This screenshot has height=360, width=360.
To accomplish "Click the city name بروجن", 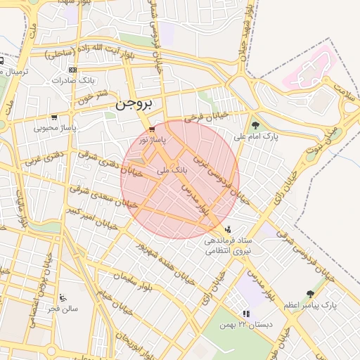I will [133, 104].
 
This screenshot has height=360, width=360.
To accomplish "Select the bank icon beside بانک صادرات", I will [73, 70].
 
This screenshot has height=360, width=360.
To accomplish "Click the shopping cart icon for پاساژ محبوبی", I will [54, 117].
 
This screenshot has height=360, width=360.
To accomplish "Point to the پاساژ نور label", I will [153, 141].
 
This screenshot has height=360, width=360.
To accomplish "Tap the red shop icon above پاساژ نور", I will [153, 130].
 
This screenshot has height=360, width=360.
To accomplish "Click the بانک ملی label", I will [174, 169].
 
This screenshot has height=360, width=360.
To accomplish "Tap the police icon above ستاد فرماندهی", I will [227, 229].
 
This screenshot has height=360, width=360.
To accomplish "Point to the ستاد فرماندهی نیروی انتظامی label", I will [227, 245].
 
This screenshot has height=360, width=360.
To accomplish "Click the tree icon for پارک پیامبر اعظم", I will [310, 294].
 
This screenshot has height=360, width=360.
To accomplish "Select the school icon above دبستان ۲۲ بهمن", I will [245, 314].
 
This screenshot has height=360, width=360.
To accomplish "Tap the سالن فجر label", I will [63, 308].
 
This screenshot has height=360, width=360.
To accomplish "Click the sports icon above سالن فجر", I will [63, 297].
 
